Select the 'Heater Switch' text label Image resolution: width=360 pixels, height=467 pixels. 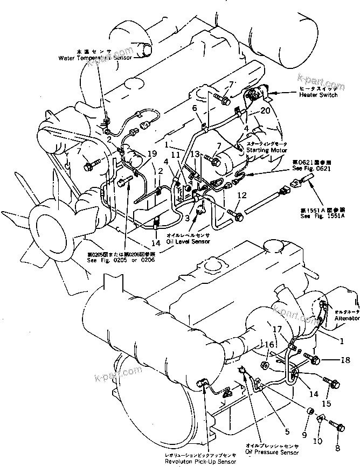[318, 95]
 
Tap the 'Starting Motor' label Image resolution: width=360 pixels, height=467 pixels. [266, 150]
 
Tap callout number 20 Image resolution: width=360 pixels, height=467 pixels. [264, 110]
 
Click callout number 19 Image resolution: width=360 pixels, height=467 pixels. [153, 154]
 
